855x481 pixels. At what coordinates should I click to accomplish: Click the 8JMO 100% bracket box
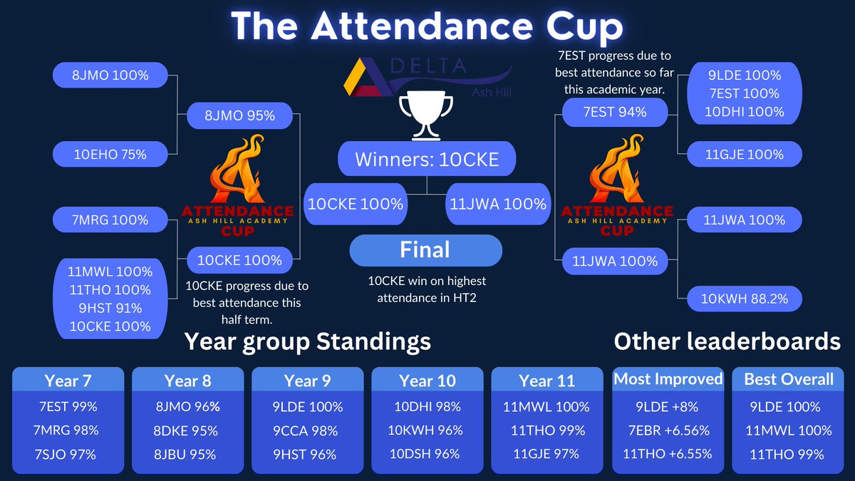pos(110,75)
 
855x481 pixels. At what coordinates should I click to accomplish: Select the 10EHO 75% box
pos(110,153)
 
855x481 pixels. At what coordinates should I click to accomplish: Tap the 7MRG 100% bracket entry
pos(110,220)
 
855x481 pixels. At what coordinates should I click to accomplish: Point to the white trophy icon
pos(426,114)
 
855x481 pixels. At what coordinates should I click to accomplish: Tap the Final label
pos(425,250)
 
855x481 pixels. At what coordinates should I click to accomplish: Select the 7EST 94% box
pos(614,112)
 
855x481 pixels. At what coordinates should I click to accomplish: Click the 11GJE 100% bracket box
pos(745,154)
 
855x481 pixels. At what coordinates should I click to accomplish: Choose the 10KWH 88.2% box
pos(745,299)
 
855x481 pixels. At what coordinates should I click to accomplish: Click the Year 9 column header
pos(307,381)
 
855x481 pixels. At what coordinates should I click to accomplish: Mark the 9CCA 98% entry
pos(307,430)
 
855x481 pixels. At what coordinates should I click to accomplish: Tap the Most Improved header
pos(667,379)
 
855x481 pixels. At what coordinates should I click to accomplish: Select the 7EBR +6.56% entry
pos(667,430)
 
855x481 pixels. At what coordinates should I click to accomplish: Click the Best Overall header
pos(788,379)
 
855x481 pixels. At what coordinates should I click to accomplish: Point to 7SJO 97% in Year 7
pos(68,454)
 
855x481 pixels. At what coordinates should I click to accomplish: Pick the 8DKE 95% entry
pos(187,430)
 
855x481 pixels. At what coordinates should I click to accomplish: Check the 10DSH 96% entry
pos(427,454)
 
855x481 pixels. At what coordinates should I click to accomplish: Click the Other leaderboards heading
pos(727,342)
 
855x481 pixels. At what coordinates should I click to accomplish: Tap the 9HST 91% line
pos(110,308)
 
